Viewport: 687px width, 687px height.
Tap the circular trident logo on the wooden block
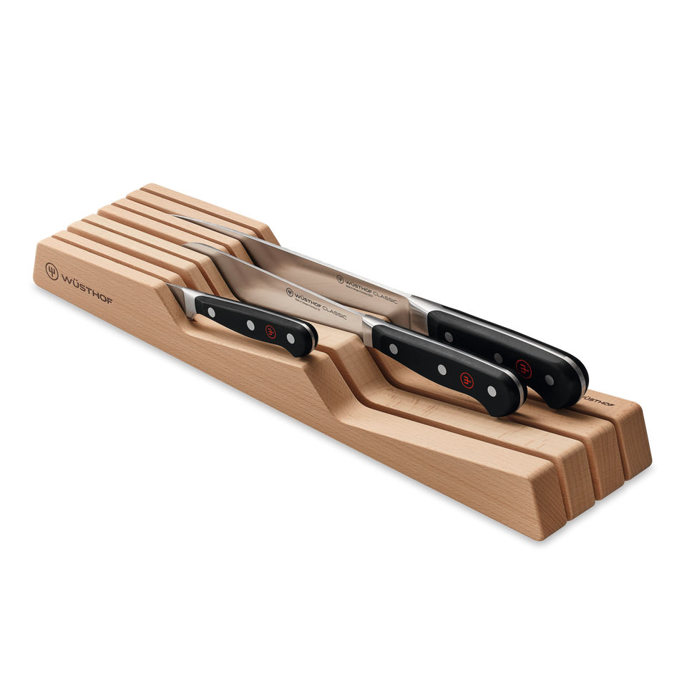(52, 271)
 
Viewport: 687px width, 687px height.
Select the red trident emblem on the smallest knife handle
(271, 330)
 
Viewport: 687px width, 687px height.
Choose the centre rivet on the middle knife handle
(442, 369)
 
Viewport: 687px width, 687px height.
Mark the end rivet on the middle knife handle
(491, 391)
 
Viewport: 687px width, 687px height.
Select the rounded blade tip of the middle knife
(187, 247)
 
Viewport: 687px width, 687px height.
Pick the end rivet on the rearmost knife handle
(549, 379)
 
